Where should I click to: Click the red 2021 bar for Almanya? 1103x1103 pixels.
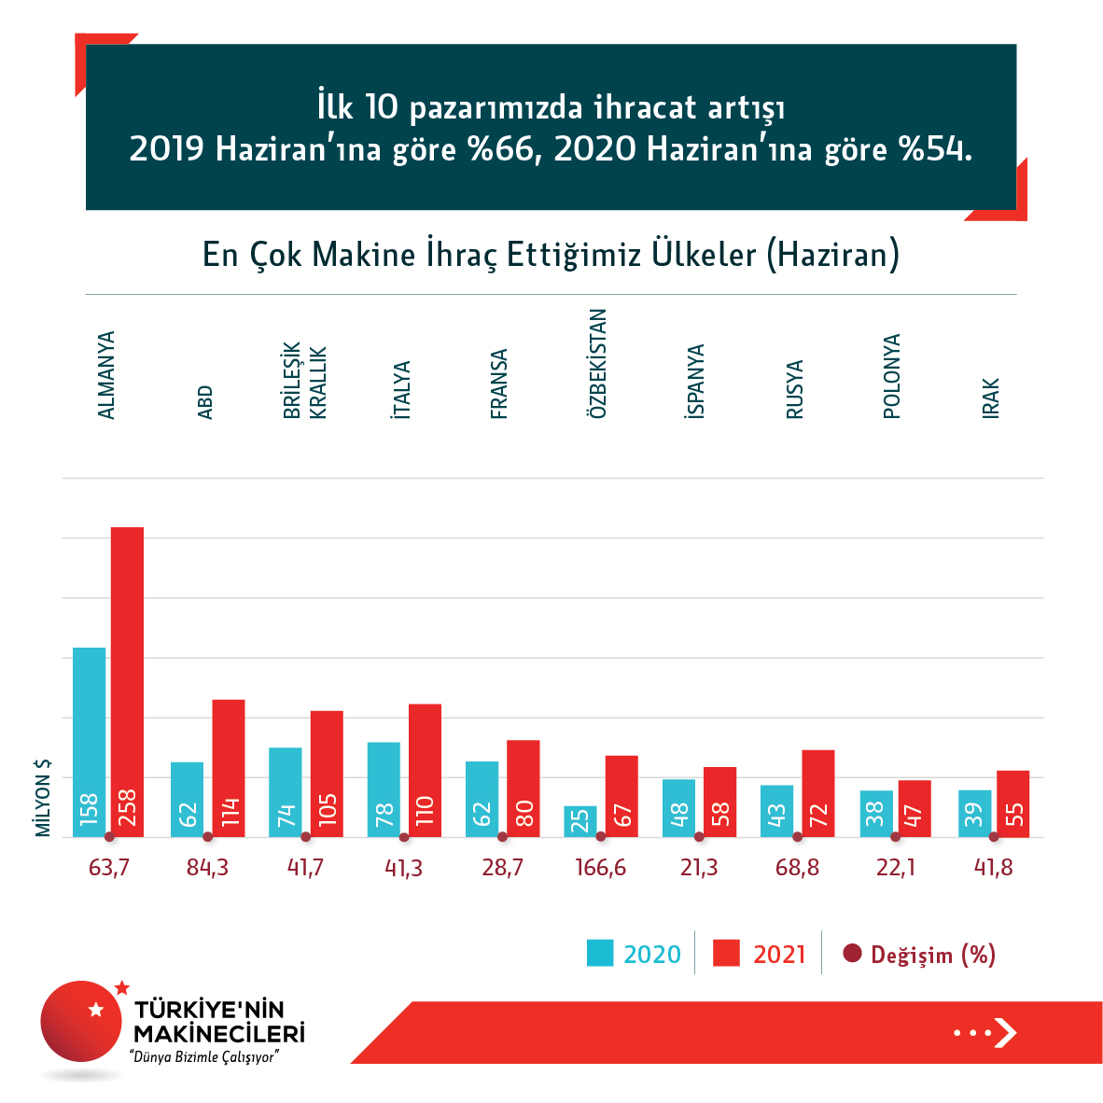coord(127,681)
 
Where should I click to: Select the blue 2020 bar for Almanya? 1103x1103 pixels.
coord(90,742)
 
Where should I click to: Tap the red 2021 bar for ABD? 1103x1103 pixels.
coord(229,768)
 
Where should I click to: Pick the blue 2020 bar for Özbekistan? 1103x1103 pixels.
coord(580,821)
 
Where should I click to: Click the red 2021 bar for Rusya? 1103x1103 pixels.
coord(817,793)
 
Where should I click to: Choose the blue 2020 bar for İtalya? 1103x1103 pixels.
coord(384,789)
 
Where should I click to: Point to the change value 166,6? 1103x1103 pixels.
coord(600,868)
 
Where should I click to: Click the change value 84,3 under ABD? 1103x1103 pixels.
coord(207,868)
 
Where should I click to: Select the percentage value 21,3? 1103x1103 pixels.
coord(699,868)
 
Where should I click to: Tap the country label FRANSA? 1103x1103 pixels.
coord(499,384)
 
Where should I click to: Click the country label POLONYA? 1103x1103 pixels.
coord(892,376)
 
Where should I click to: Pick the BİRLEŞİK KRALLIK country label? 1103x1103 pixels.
coord(305,382)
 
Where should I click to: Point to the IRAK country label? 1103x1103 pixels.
coord(991,398)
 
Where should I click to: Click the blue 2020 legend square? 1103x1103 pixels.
coord(600,953)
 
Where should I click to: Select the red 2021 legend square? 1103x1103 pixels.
coord(726,953)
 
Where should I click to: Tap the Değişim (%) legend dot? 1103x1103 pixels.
coord(851,954)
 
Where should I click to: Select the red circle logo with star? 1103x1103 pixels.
coord(82,1021)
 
